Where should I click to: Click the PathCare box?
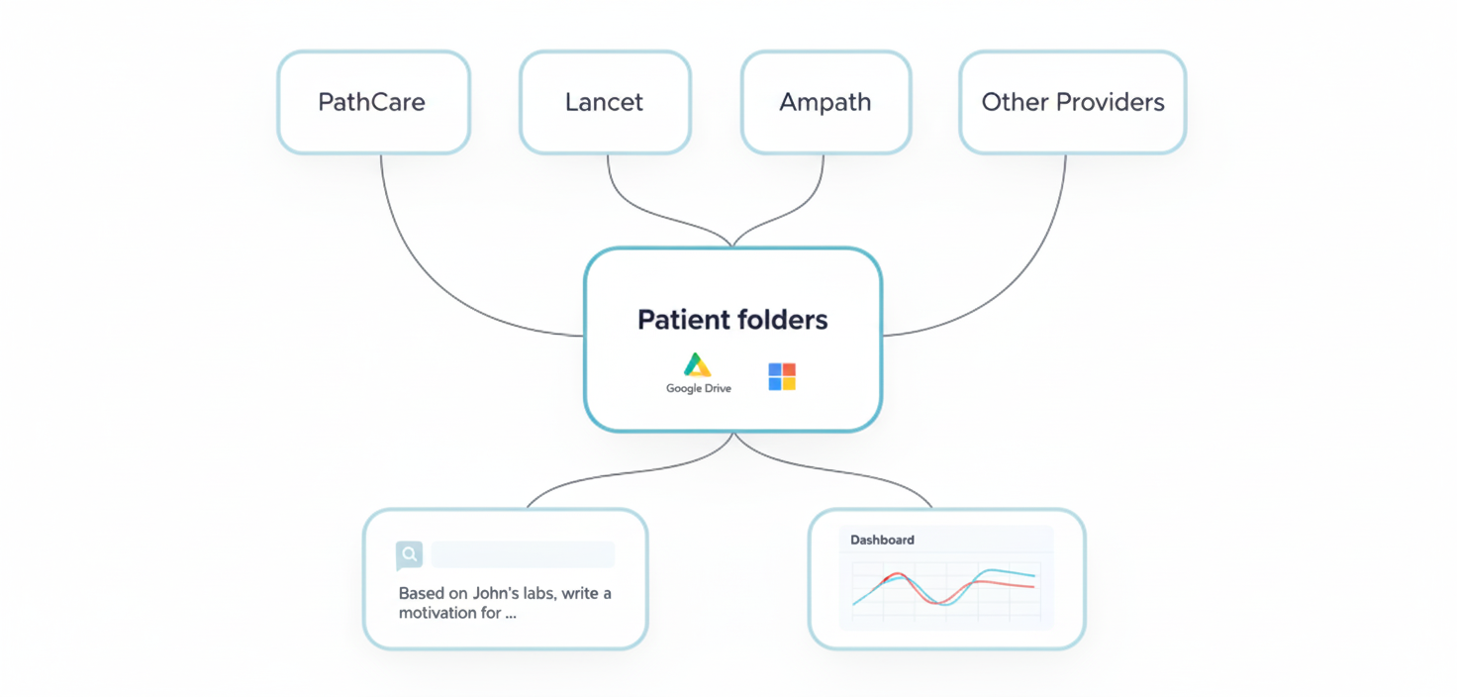[372, 102]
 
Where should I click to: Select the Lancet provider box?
[604, 102]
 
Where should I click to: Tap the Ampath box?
[825, 102]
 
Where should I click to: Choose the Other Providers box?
[1072, 102]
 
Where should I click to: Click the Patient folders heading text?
[732, 320]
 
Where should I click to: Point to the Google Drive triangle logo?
[698, 365]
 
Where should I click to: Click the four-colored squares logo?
[782, 376]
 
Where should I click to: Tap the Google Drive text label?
[699, 389]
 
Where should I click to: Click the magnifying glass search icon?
[409, 554]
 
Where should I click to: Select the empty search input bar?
[523, 554]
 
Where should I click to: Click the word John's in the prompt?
[498, 594]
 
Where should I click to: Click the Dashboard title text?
[882, 541]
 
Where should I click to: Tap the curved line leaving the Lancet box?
[643, 208]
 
